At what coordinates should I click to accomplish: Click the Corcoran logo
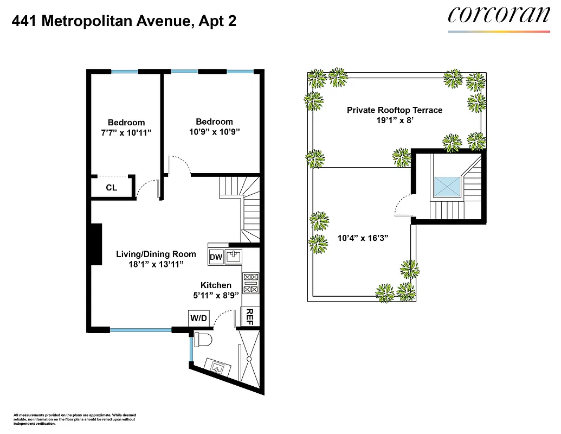499,15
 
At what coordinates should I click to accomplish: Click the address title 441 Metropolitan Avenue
124,21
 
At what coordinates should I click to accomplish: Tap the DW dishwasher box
215,257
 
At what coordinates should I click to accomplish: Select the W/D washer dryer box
198,318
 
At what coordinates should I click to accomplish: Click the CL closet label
111,188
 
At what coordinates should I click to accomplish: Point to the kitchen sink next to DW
234,256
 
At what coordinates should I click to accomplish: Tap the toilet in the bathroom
203,340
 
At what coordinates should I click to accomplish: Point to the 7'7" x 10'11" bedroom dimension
126,132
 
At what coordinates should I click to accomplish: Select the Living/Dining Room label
149,254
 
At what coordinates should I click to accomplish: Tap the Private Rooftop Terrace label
395,110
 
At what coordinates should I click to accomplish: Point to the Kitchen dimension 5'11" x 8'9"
216,296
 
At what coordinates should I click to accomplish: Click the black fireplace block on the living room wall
96,244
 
